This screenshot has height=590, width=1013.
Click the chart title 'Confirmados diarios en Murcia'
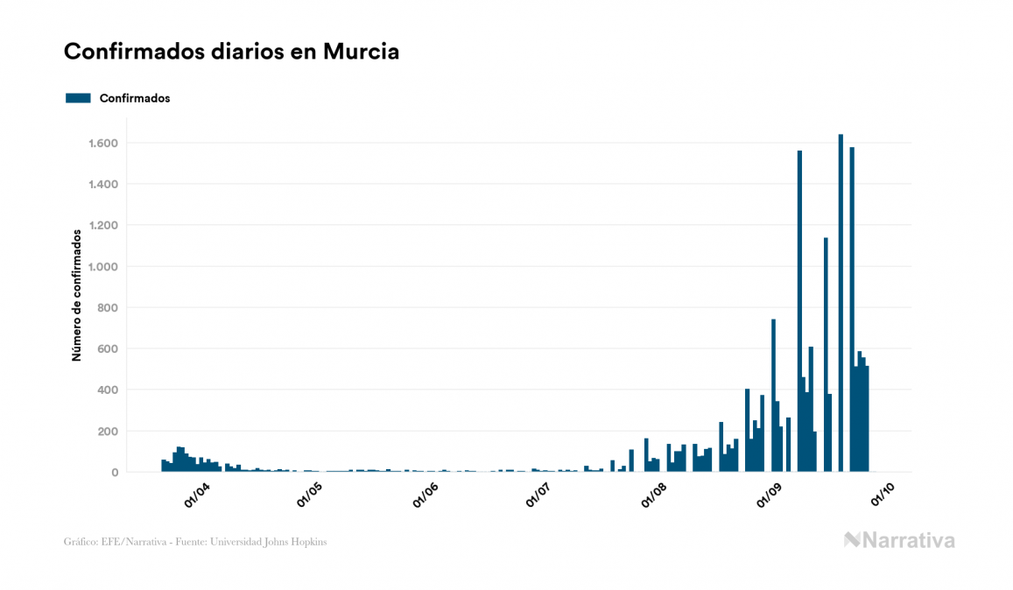coord(231,52)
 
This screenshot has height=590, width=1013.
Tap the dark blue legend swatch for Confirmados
coord(78,98)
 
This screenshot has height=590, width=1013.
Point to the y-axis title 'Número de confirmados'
coord(77,295)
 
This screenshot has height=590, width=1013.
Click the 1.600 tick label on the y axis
coord(103,144)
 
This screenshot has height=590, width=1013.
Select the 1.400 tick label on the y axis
coord(103,185)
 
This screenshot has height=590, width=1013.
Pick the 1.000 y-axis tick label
coord(103,267)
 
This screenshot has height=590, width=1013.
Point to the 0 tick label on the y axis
coord(115,473)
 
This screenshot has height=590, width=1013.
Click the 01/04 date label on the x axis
coord(196,496)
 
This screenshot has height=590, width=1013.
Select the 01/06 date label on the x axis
coord(426,496)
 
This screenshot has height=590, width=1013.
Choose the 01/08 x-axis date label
coord(655,496)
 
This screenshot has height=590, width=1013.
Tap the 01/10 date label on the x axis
coord(882,496)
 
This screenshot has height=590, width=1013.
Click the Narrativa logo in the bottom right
coord(899,540)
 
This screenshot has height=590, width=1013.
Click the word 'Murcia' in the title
coord(361,52)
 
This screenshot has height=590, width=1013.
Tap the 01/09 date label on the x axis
coord(768,496)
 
